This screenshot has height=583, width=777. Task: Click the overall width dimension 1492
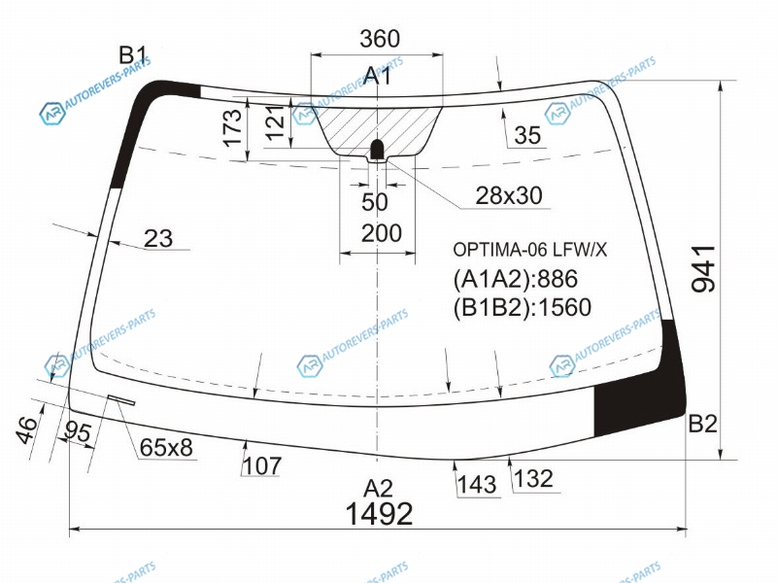point(379,513)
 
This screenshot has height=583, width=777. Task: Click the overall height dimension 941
point(703,269)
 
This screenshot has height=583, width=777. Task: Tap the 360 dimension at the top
point(380,39)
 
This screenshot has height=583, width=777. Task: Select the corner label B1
point(133,55)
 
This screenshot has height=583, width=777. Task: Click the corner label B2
point(702,424)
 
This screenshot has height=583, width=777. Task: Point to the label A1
point(378,77)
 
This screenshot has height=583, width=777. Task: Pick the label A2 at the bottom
point(378,489)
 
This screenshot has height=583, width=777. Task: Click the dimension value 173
point(233,128)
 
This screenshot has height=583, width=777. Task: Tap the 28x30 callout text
point(509,196)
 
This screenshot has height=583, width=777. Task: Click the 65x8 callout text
point(166,448)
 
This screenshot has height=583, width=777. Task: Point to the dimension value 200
point(381,233)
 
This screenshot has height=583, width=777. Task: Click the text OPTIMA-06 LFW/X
point(529,250)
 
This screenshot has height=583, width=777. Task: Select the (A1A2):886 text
point(516,279)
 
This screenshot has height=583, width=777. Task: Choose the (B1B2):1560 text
point(523,307)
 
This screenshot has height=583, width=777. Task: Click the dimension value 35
point(527,135)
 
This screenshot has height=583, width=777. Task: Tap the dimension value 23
point(158,238)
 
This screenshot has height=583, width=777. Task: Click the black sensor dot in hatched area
point(378,149)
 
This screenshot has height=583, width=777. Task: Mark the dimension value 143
point(477,484)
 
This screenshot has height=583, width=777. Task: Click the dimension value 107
point(262,465)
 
